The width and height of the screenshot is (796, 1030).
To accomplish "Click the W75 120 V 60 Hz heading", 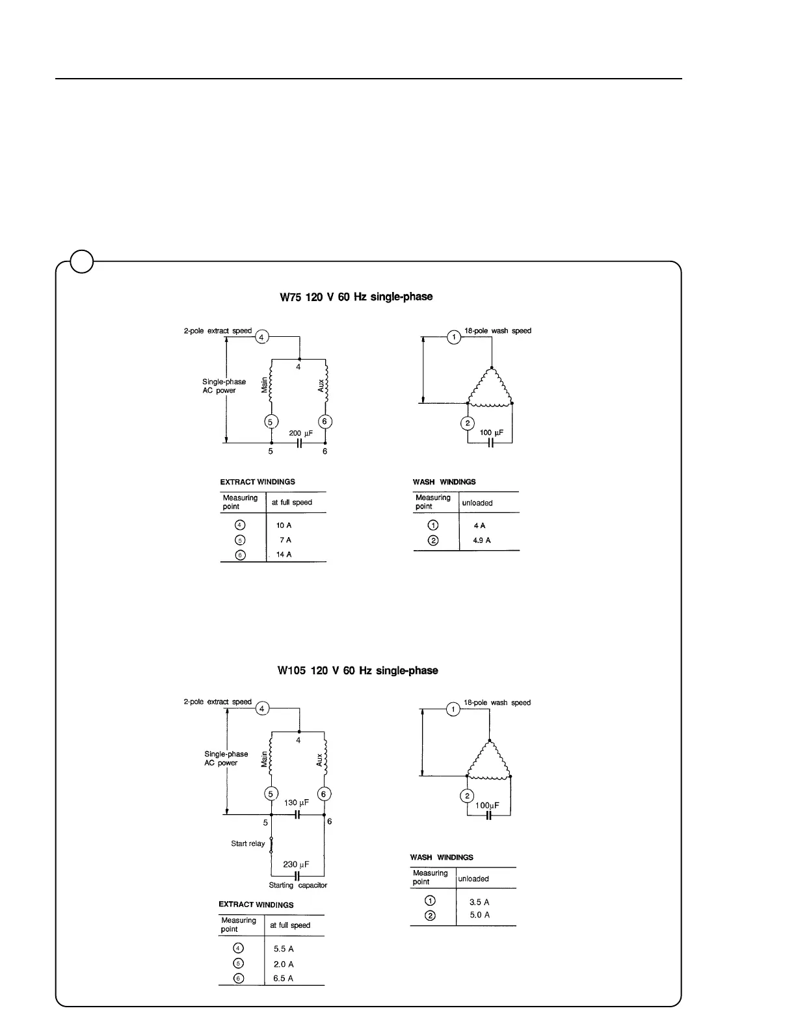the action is [356, 297].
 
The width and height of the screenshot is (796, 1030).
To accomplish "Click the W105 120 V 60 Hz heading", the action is [357, 670].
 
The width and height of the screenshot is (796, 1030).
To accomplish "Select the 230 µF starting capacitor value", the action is [296, 864].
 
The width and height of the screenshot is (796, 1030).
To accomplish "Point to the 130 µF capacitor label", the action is [297, 803].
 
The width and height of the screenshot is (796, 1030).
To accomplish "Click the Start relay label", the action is [248, 843].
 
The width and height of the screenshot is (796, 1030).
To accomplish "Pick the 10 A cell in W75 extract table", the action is [284, 525].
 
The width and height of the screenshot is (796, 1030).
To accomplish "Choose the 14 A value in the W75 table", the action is [284, 555].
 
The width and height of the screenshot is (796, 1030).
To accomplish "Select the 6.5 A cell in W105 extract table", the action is [283, 979].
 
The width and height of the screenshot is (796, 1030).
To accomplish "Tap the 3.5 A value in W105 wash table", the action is [479, 902].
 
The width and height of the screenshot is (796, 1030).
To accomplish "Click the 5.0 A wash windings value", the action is [479, 915].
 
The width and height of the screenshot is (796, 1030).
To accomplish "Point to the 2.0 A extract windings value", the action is [283, 964].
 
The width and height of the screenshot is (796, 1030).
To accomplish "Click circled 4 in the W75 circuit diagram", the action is [261, 337].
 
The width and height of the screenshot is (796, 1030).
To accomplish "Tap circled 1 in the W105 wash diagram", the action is [453, 709].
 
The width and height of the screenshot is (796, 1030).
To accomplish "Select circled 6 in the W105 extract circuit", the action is [324, 794].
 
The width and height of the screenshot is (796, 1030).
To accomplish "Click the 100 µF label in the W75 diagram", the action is [492, 433].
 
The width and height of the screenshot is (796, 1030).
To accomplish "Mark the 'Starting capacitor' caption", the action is [298, 885].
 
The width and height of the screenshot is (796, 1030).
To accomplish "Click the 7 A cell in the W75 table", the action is [285, 540].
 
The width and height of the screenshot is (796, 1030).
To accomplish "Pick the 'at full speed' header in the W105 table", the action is [290, 925].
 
